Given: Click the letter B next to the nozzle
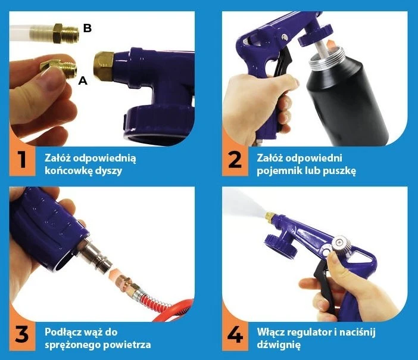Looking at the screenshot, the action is pos(87,28).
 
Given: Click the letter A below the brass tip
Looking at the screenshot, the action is pos(83,80).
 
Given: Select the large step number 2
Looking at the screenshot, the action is pos(235,160).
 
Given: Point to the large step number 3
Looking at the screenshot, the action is pos(22,334).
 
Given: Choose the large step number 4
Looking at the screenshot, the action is pos(235,334).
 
